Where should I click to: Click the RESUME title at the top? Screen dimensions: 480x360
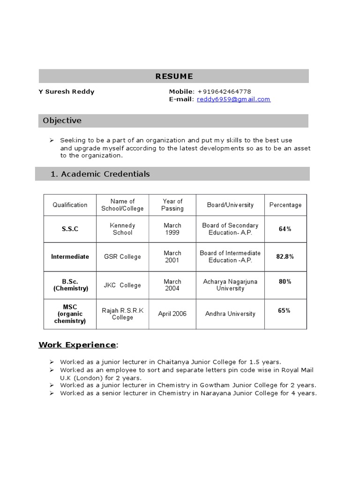(174, 76)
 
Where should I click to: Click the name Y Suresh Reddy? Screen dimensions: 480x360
(66, 91)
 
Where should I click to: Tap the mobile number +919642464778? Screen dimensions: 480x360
(224, 91)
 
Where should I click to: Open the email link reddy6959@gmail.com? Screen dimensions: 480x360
(233, 99)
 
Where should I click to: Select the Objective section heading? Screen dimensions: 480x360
(62, 120)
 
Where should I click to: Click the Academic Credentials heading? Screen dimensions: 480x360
(100, 174)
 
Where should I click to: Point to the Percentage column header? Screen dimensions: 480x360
(285, 205)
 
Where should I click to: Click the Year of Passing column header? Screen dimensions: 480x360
(172, 205)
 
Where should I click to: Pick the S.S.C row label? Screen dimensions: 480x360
(70, 229)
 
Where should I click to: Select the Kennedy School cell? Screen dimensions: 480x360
(122, 229)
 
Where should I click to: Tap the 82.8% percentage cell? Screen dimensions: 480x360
(285, 256)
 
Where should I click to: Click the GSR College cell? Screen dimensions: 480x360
(122, 257)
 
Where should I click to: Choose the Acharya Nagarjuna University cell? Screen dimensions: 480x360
(230, 285)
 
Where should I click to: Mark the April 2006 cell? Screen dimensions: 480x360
(172, 314)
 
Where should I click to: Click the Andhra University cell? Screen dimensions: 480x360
(230, 314)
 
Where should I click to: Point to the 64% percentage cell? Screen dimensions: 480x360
(285, 229)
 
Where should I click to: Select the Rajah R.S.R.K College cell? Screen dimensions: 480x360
(122, 314)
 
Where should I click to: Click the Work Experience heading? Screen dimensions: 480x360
(77, 345)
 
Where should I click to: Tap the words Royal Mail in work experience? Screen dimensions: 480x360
(297, 370)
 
